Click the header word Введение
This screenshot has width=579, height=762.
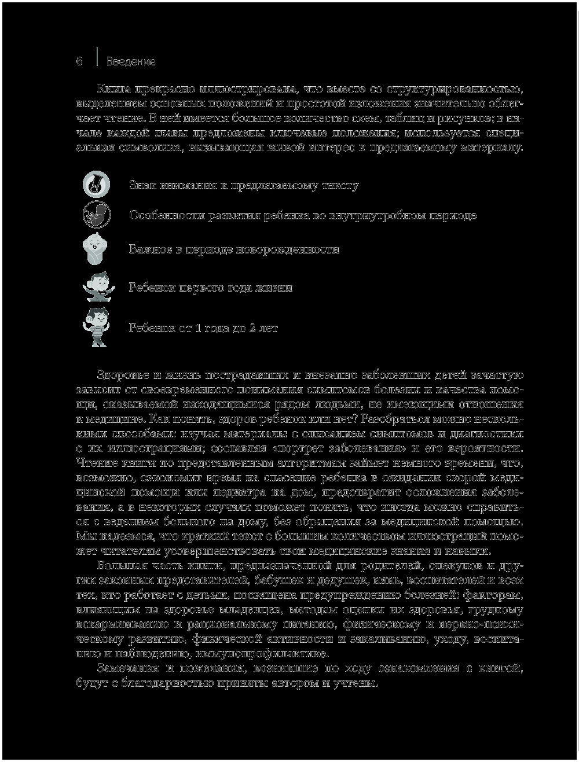131,61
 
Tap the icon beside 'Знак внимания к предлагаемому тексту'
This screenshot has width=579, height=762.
94,183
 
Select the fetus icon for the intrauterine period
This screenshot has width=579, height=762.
94,215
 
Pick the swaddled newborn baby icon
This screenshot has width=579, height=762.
94,249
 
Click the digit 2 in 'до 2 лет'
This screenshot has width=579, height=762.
252,329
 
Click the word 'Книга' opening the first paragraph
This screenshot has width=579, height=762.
114,89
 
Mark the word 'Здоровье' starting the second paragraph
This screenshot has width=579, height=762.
123,374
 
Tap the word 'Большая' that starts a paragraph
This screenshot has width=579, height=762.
120,565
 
